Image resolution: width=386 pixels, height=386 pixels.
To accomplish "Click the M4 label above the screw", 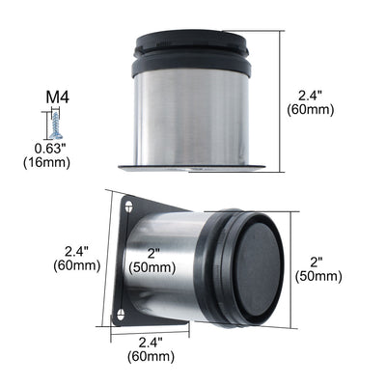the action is [x=58, y=97].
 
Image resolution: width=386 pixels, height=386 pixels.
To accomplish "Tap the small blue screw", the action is [x=56, y=125].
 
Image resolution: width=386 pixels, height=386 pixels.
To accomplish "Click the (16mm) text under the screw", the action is [x=46, y=163].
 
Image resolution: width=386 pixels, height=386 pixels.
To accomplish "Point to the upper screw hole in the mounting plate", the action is [x=129, y=207].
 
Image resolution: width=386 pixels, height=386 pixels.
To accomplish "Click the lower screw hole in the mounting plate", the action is [x=121, y=315].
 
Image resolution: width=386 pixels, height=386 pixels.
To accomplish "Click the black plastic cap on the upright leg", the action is [x=192, y=53].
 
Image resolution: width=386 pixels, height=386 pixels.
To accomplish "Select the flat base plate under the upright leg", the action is [x=192, y=168].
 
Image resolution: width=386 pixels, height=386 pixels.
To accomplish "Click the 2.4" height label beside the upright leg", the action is [x=311, y=96].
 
